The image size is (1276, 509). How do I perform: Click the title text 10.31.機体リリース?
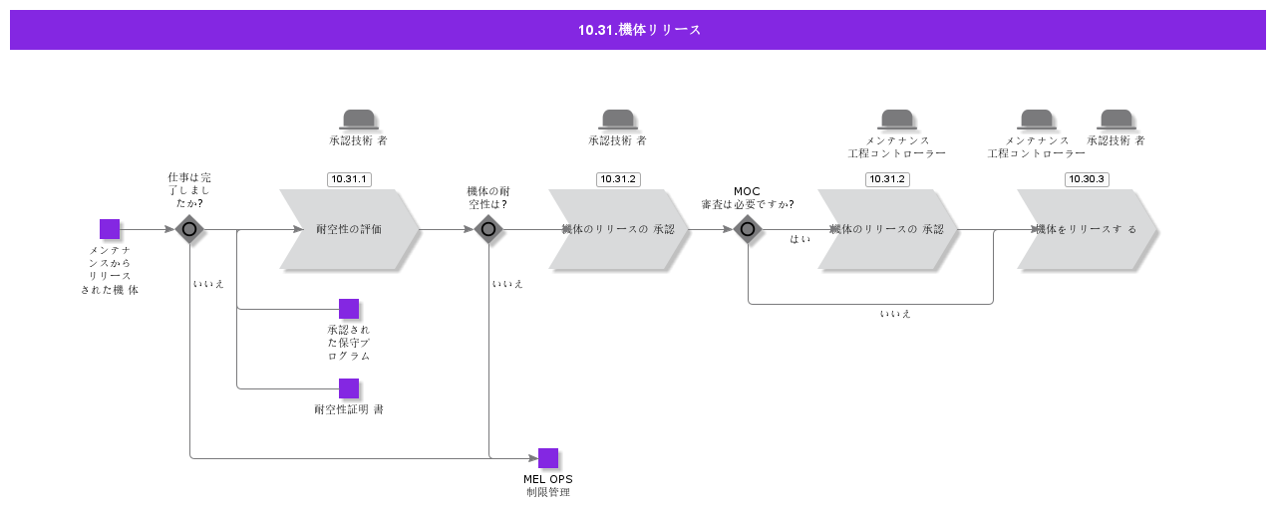tap(639, 30)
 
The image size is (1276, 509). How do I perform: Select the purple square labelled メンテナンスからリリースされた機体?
tap(110, 229)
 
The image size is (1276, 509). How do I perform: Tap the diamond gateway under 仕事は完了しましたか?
tap(189, 229)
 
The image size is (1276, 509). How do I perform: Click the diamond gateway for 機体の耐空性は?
tap(488, 229)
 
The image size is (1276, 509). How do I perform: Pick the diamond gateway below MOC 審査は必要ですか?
tap(748, 229)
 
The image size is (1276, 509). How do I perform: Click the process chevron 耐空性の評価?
tap(349, 229)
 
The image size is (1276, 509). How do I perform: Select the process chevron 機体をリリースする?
tap(1087, 229)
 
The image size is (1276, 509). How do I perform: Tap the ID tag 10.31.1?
tap(349, 179)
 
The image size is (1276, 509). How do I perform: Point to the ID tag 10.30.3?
tap(1087, 179)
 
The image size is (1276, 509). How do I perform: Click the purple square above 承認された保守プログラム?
tap(349, 309)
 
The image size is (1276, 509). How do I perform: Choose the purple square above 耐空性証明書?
tap(349, 388)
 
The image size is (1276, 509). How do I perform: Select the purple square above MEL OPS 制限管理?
tap(548, 458)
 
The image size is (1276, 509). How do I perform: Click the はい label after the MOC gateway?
tap(799, 239)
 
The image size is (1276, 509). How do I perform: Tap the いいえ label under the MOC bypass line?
tap(895, 314)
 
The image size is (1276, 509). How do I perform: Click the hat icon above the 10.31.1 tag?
tap(359, 119)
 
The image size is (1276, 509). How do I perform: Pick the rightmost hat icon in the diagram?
tap(1116, 119)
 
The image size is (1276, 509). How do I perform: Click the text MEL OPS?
tap(548, 479)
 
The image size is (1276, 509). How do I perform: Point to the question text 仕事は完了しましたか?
tap(189, 190)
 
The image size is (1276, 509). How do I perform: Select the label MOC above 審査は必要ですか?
tap(747, 191)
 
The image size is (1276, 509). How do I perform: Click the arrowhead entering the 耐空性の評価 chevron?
tap(298, 229)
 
